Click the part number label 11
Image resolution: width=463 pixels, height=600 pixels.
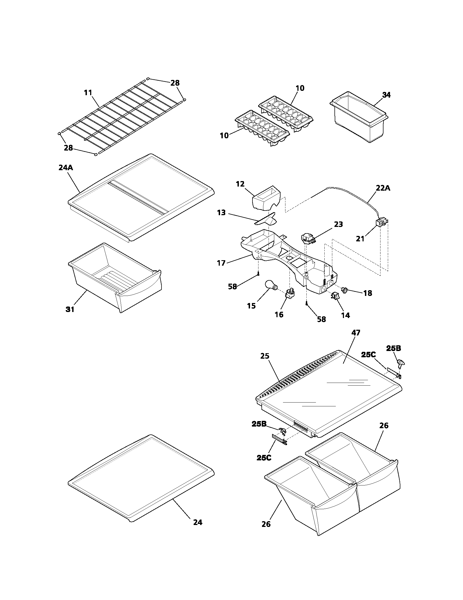[x=88, y=93]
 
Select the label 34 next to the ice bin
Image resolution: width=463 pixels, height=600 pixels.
[x=386, y=95]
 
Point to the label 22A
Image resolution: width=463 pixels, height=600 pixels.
[x=383, y=188]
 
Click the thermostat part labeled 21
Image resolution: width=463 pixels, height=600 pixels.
[x=381, y=222]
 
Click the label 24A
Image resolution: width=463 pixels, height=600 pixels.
[x=66, y=167]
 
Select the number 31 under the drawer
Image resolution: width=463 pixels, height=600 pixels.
[x=70, y=310]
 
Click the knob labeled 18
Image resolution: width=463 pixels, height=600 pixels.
[x=344, y=290]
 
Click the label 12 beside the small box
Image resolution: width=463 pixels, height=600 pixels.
[x=240, y=184]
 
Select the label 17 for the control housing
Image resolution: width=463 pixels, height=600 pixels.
[x=221, y=263]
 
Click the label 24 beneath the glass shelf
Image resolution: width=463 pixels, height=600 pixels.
[x=197, y=522]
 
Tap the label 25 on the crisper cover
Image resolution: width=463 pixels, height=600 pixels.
[x=265, y=356]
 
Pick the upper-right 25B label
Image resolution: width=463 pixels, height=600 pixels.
[x=393, y=348]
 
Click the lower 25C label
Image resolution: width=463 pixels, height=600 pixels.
[x=264, y=457]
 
